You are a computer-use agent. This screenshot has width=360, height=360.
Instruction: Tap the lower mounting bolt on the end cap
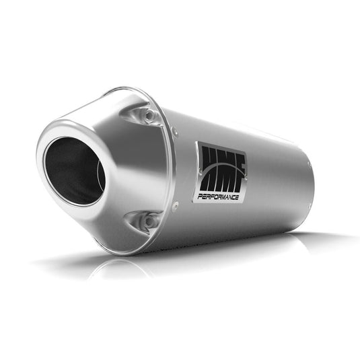coord(149,220)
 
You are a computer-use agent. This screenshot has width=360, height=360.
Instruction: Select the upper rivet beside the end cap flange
coord(175,133)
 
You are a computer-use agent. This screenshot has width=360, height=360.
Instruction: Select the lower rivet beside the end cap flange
coord(175,204)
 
